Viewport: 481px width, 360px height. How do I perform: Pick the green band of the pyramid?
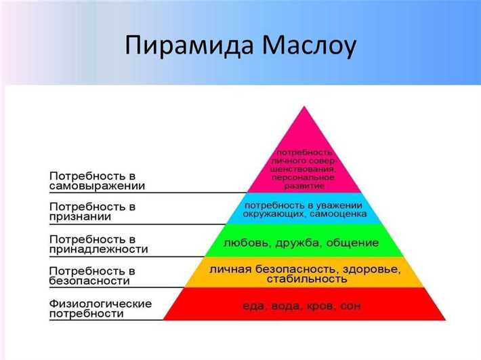pyautogui.click(x=305, y=241)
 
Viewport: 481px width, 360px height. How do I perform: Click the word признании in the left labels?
pyautogui.click(x=80, y=217)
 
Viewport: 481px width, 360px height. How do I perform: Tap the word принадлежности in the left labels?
pyautogui.click(x=98, y=249)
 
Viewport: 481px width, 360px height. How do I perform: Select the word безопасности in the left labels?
pyautogui.click(x=89, y=281)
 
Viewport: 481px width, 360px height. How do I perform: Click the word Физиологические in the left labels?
pyautogui.click(x=100, y=302)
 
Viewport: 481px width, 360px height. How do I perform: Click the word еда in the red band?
pyautogui.click(x=253, y=306)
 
